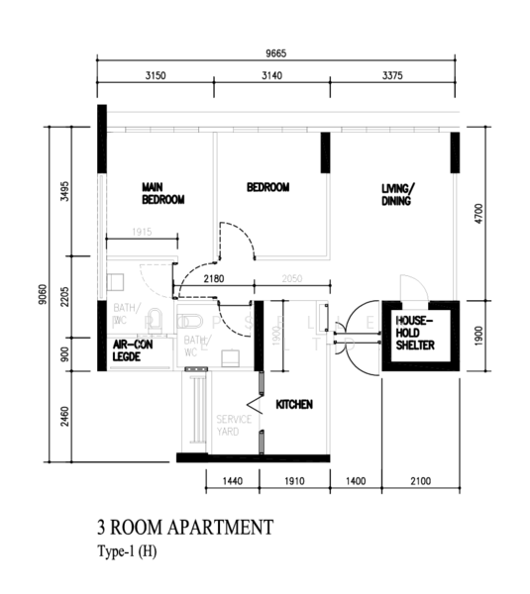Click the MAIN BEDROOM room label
pos(163,193)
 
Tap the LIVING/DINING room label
pos(399,194)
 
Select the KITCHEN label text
pos(294,404)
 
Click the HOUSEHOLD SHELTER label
pos(415,333)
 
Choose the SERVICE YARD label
pos(234,425)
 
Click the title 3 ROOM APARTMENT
pos(184,527)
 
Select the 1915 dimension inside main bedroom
pos(145,233)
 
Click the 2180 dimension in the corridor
pos(213,280)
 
